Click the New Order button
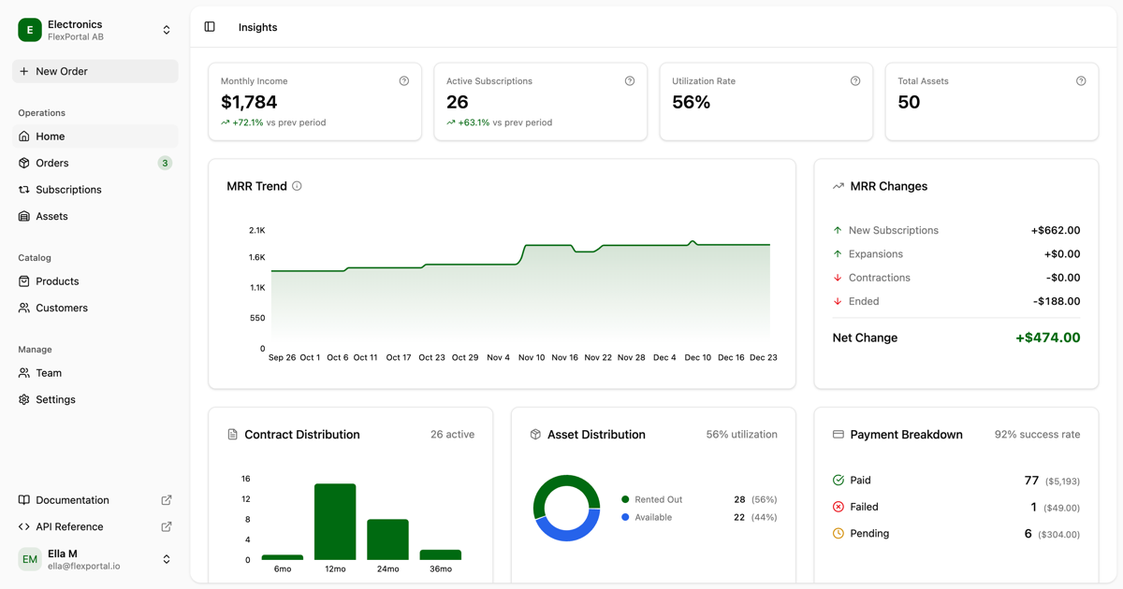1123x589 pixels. point(95,71)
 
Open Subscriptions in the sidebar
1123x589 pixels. point(68,190)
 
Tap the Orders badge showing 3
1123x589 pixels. point(165,163)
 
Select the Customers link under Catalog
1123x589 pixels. point(62,308)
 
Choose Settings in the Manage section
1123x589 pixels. point(55,399)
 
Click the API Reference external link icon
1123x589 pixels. point(167,526)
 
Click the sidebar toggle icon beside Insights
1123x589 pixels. point(210,27)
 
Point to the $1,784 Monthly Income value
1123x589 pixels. point(249,102)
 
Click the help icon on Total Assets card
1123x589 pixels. point(1081,81)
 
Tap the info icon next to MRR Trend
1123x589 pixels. point(297,186)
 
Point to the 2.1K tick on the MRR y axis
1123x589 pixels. point(256,230)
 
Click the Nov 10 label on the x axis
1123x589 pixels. point(532,357)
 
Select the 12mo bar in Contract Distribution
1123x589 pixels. point(335,522)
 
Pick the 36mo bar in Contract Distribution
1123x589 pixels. point(440,554)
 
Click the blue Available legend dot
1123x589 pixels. point(625,517)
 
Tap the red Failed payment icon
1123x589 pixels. point(839,507)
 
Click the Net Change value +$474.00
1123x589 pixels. point(1047,338)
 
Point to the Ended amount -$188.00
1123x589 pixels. point(1057,301)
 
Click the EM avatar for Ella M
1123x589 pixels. point(30,559)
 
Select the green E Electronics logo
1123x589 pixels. point(30,30)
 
